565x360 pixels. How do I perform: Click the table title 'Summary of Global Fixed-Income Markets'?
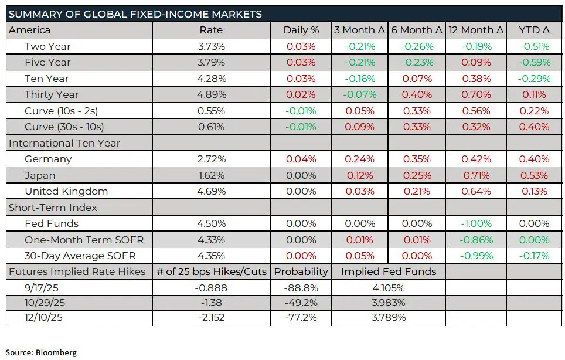pos(135,14)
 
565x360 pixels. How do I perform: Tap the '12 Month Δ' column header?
pos(476,30)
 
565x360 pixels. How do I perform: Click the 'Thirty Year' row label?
pos(52,95)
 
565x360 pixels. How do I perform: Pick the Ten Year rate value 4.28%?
pos(212,79)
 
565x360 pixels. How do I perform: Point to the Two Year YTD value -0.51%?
pos(534,46)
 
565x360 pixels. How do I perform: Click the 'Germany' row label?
pos(48,159)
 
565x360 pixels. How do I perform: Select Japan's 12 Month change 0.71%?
pos(476,175)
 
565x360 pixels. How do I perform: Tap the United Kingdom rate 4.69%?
pos(212,191)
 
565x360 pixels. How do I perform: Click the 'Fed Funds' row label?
pos(52,223)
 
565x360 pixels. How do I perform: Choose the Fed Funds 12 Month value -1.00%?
pos(476,223)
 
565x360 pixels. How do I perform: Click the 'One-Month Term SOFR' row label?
pos(84,240)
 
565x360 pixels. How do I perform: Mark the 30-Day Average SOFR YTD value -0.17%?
pos(534,256)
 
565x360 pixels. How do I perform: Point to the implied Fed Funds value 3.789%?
pos(388,318)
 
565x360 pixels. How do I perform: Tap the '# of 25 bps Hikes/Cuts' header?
pos(212,272)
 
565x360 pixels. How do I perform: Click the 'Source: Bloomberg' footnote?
pos(42,352)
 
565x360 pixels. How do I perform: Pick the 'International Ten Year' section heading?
pos(64,143)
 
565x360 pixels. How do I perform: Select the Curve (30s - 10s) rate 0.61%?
pos(212,127)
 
